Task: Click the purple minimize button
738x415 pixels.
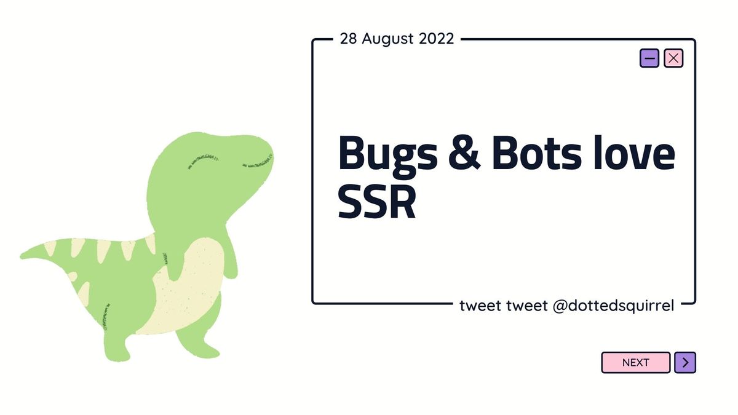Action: coord(649,58)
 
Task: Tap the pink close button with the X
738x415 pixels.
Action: coord(673,58)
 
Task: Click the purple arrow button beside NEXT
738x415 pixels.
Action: coord(685,363)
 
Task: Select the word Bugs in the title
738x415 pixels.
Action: coord(388,156)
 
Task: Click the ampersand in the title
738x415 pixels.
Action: coord(464,154)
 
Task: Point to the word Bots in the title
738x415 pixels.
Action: coord(537,153)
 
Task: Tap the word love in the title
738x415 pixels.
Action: coord(633,152)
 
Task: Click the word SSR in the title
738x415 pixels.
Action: coord(377,202)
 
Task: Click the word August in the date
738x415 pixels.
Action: coord(388,39)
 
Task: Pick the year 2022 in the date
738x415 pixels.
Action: coord(436,39)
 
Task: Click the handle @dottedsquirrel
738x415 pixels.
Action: coord(613,306)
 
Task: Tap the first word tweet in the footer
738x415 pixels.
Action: coord(480,306)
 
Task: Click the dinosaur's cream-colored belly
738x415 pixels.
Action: coord(186,287)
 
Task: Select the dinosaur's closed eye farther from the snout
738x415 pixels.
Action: coord(203,161)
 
